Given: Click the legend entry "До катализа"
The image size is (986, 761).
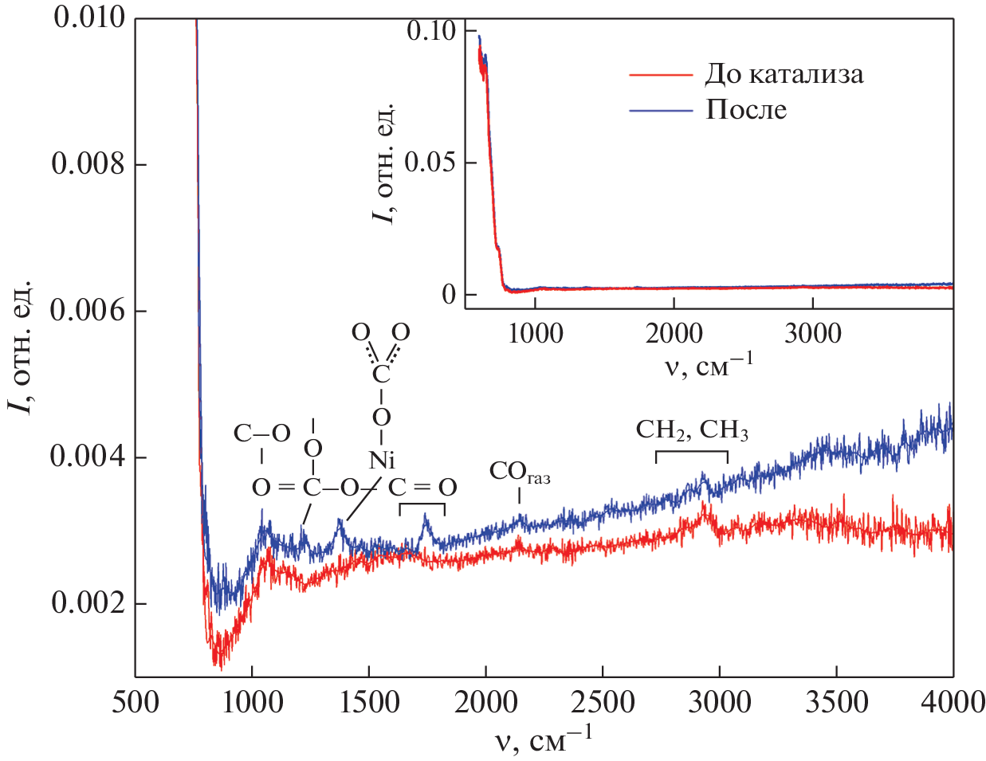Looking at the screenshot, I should (x=784, y=74).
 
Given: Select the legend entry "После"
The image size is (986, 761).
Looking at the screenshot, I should (x=746, y=109).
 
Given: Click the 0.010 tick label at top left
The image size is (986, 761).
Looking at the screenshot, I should (x=89, y=18).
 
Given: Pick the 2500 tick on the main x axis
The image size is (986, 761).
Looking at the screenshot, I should (x=602, y=702).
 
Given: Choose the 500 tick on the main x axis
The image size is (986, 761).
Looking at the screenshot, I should (x=136, y=702).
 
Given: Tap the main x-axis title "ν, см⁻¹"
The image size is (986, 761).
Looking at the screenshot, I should (x=544, y=739).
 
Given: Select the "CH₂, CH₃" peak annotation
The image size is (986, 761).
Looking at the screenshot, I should (x=692, y=430).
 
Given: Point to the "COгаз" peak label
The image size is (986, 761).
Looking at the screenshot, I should (x=519, y=473).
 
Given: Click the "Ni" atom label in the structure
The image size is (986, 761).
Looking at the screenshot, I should (x=382, y=460).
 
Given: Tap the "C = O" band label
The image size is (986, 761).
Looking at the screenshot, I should (x=422, y=487).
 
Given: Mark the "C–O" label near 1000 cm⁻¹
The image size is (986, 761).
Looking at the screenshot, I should (x=261, y=433).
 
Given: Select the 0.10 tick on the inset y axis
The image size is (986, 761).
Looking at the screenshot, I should (x=431, y=30).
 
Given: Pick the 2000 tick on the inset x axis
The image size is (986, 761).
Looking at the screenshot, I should (x=674, y=333).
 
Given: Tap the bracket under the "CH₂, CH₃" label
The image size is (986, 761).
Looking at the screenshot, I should (x=692, y=455).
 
